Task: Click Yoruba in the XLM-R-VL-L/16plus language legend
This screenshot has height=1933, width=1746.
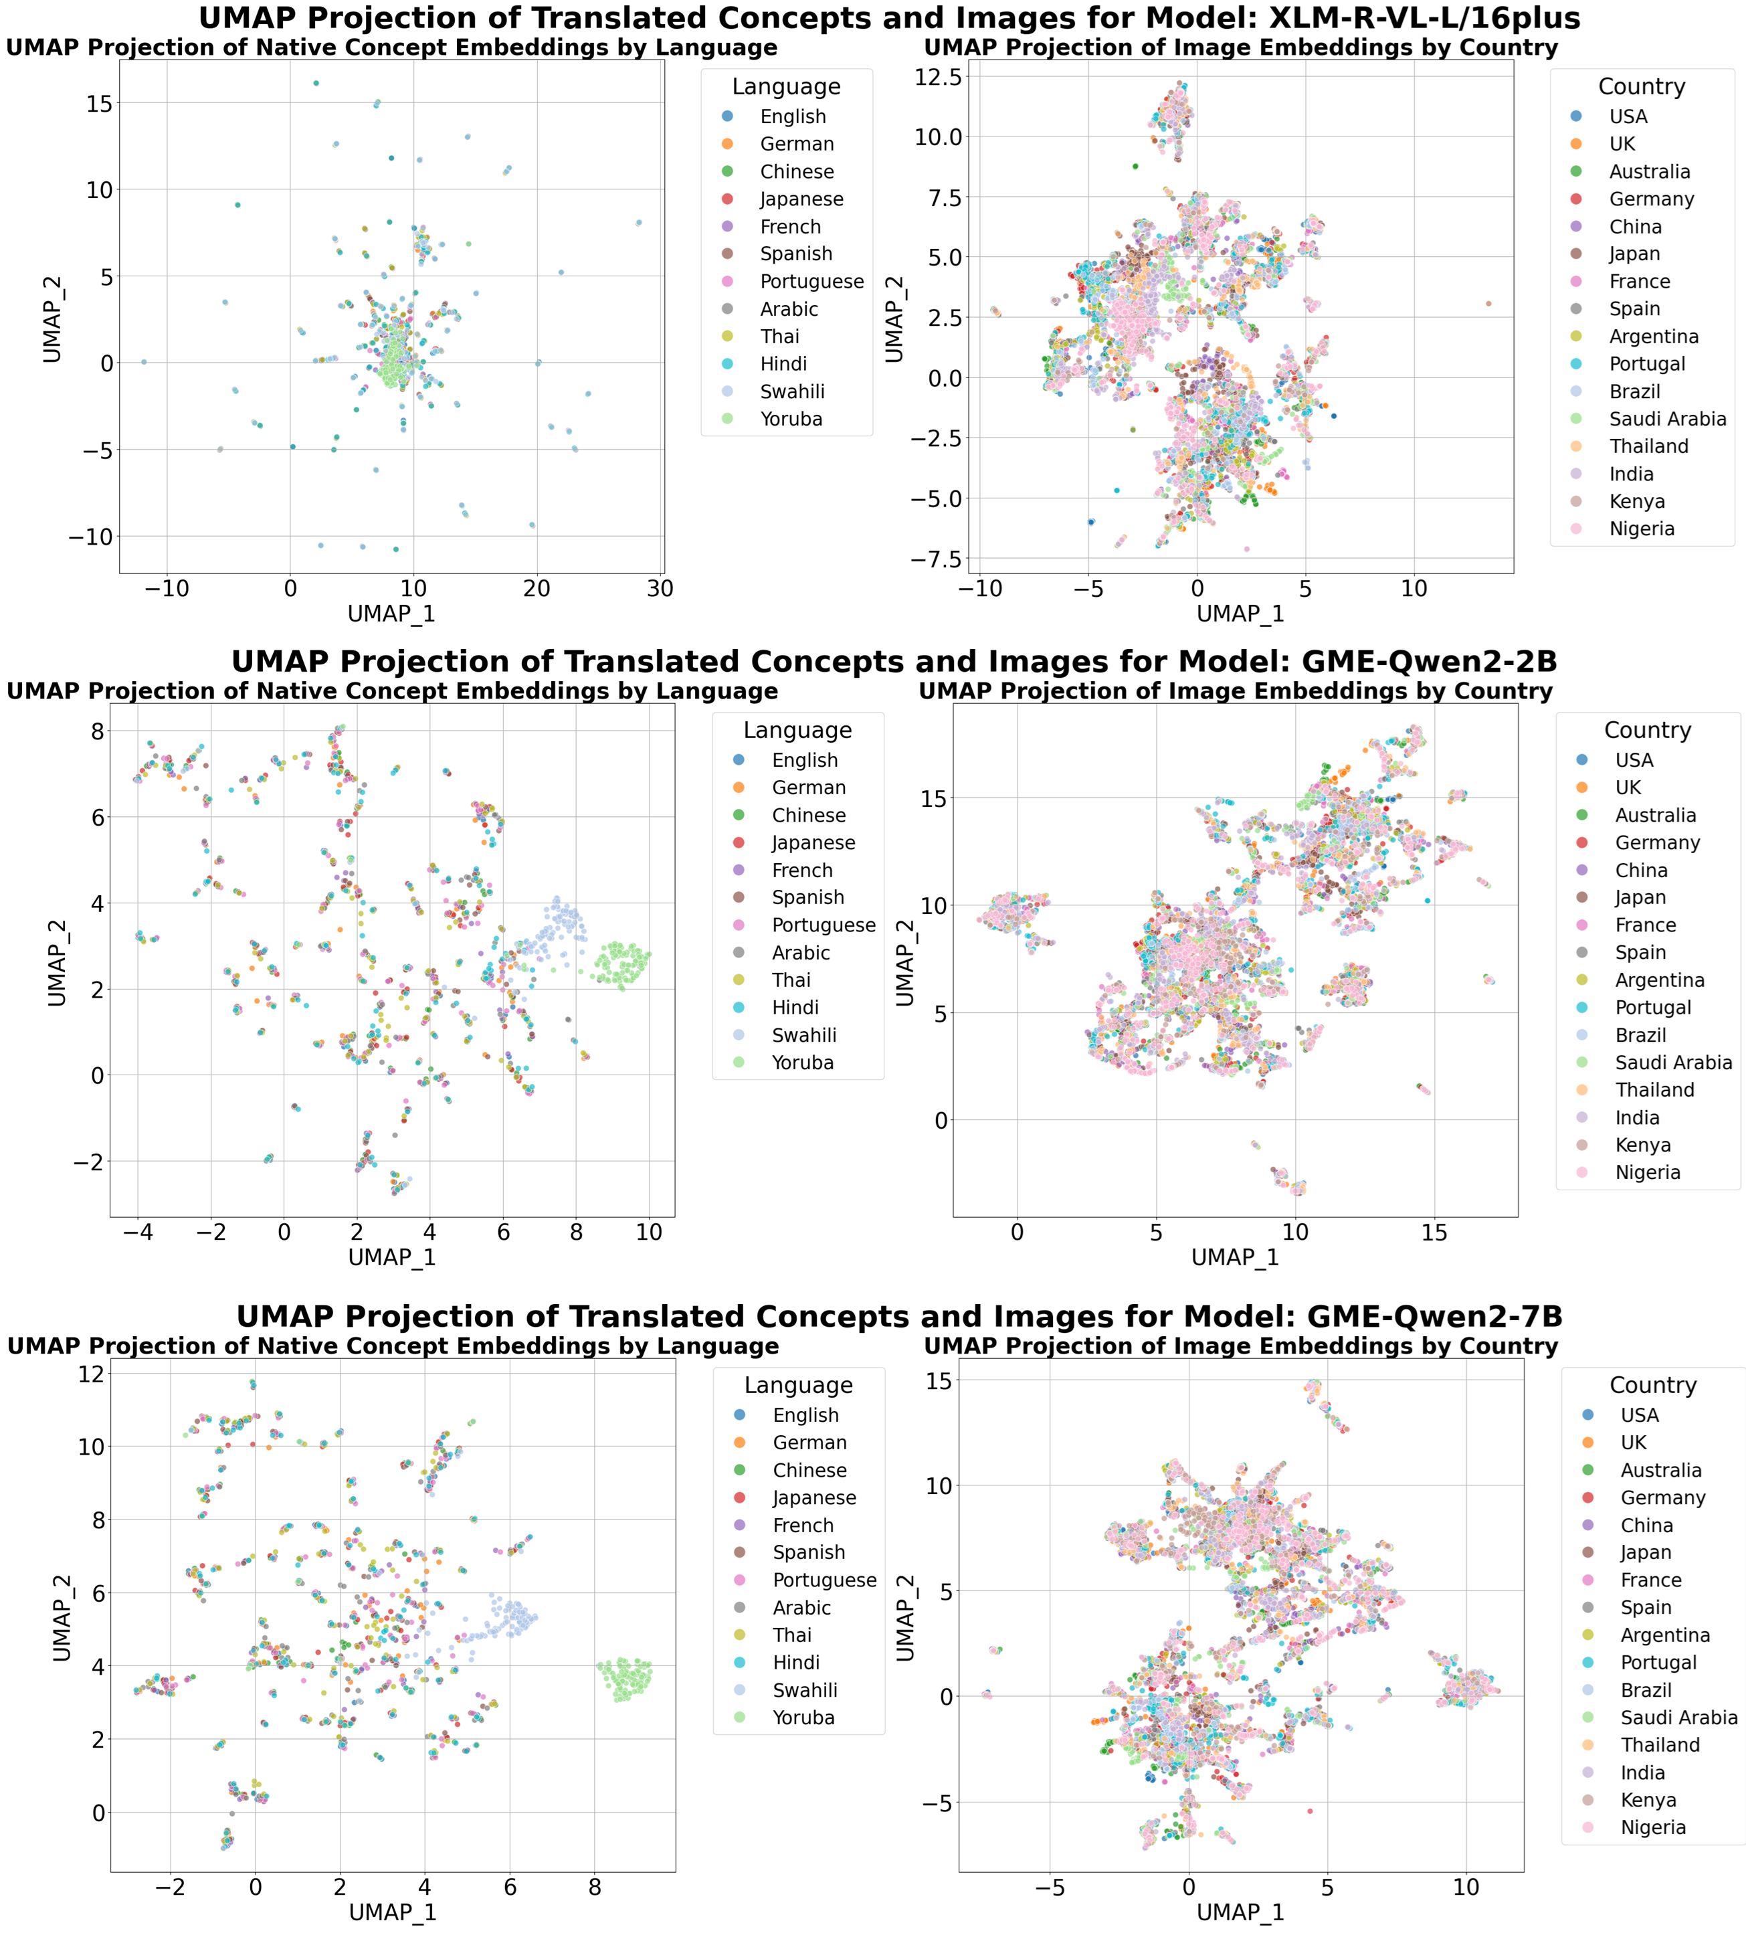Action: pos(790,419)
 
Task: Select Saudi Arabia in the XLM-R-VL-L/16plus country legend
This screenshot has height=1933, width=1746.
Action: pos(1666,419)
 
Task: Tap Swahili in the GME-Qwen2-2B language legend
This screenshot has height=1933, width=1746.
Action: pos(803,1036)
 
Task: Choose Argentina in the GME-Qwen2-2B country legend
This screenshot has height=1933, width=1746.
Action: pos(1659,980)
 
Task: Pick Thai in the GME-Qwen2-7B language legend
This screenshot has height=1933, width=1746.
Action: pos(792,1635)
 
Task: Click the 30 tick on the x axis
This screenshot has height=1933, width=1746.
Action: pos(660,589)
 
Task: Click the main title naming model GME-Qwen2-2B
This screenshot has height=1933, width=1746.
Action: pos(894,662)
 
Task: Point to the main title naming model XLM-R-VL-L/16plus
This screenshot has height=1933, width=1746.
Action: pos(889,18)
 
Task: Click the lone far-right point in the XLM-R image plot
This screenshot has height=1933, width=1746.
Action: pos(1488,304)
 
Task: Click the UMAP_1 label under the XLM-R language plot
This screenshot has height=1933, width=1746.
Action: pos(391,614)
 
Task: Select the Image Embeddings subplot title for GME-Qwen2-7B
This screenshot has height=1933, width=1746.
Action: pos(1241,1346)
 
